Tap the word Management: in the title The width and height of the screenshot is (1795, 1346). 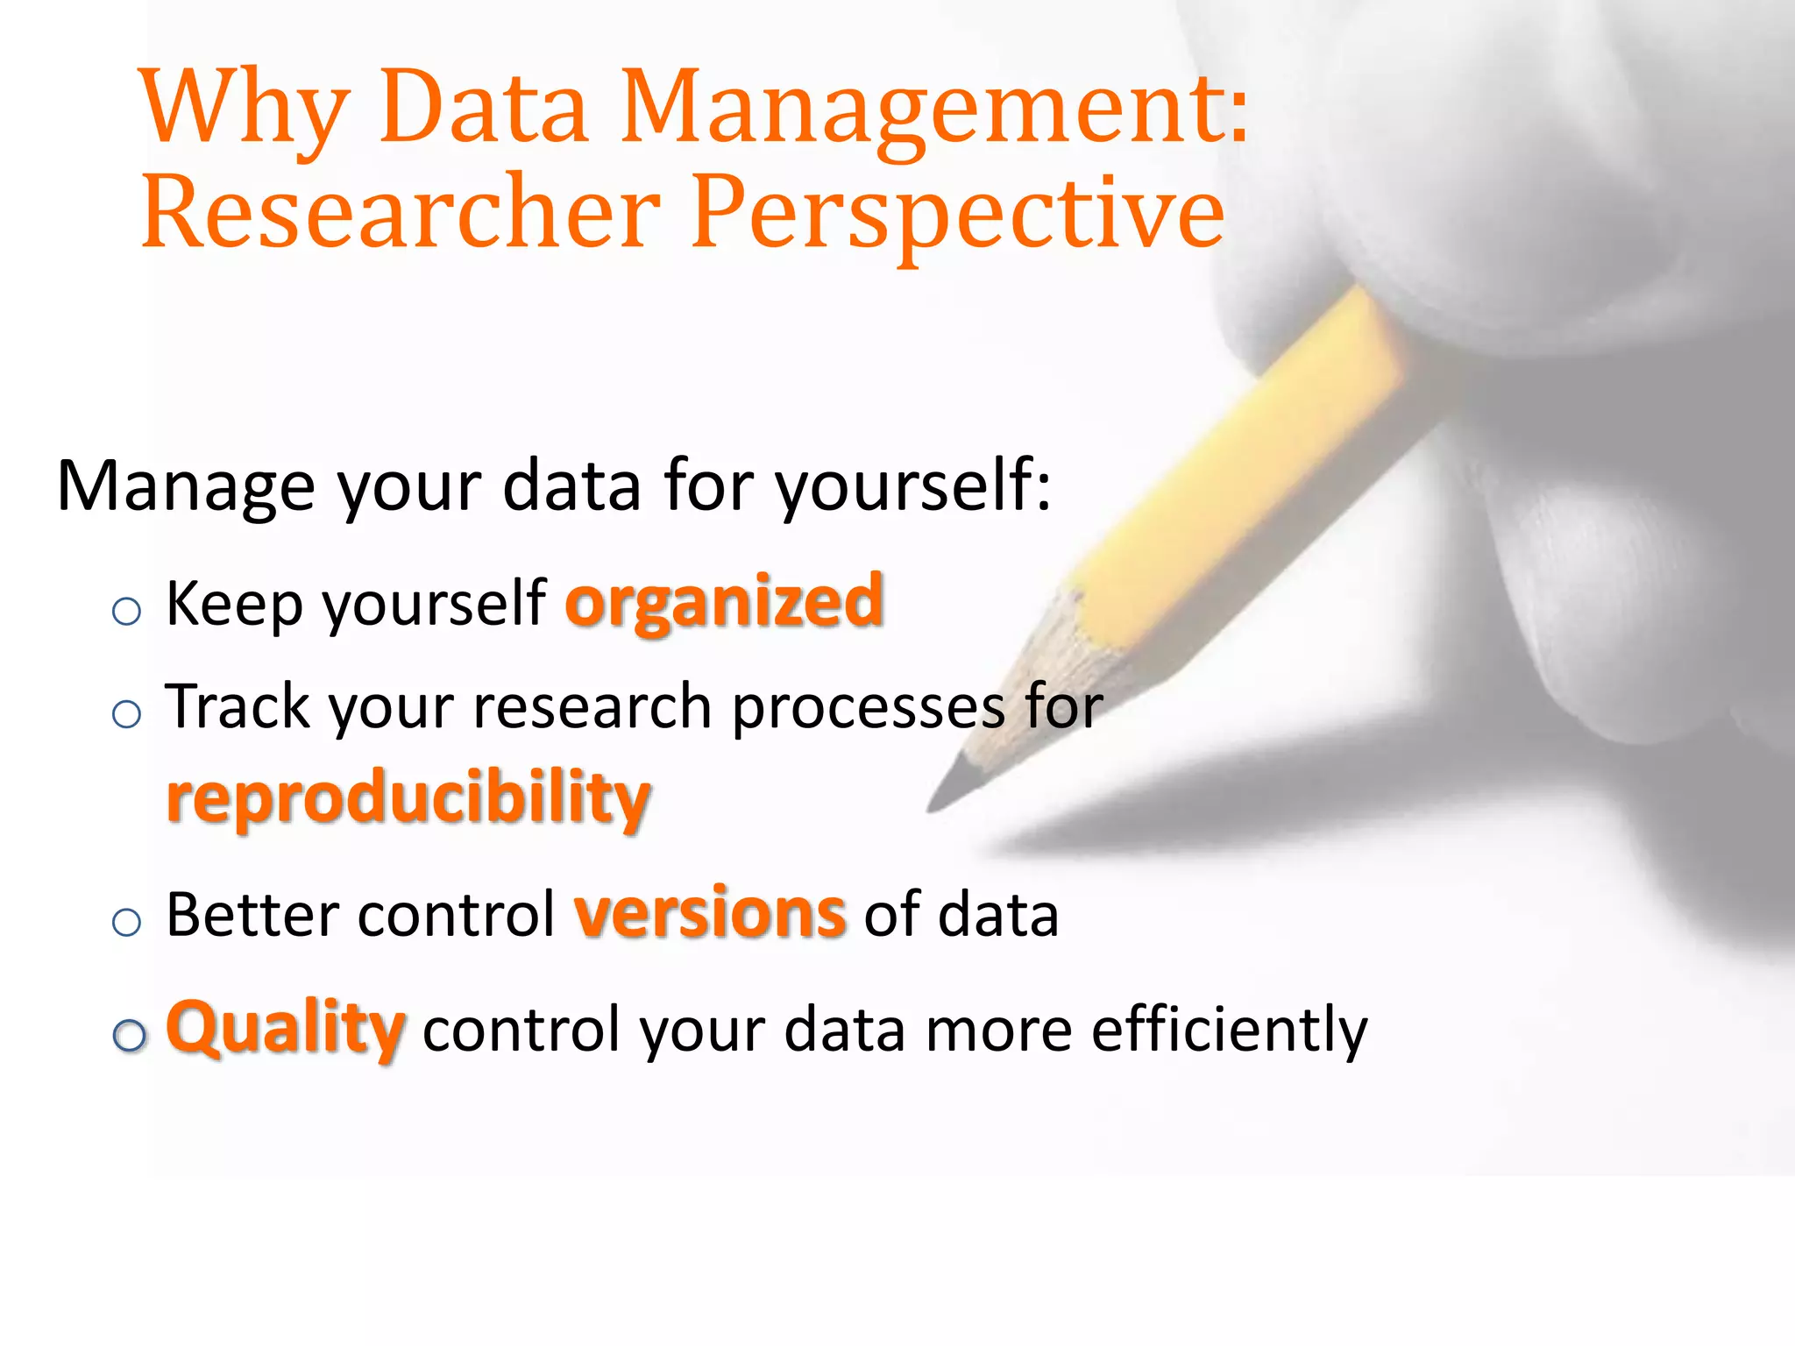934,110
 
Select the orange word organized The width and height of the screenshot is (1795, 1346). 724,603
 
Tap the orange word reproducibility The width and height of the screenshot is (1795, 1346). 408,797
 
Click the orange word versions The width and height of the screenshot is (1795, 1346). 710,914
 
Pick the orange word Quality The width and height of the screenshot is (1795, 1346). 286,1029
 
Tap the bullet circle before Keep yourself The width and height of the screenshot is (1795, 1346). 127,611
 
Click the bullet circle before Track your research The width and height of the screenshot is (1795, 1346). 127,714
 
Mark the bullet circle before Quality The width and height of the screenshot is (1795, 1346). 130,1036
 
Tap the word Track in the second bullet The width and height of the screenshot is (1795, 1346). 237,706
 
